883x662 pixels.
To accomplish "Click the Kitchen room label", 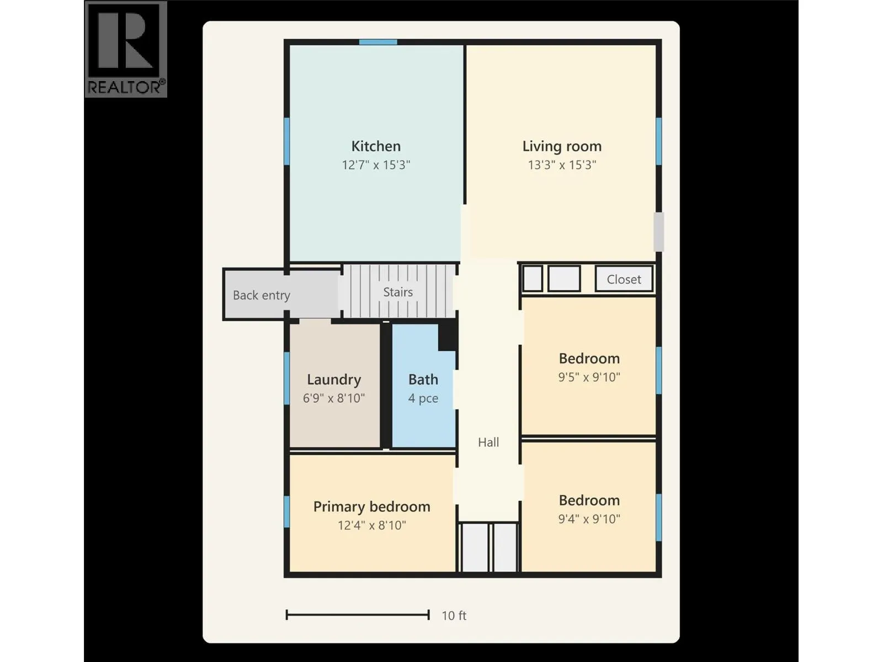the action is coord(376,146).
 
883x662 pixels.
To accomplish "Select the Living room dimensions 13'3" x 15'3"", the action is coord(562,165).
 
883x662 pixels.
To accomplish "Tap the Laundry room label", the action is coord(334,380).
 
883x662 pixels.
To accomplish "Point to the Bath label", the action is coord(423,380).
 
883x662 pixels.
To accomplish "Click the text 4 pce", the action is coord(423,398).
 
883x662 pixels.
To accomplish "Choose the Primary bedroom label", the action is coord(372,507).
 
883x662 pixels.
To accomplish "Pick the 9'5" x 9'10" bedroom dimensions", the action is coord(589,377).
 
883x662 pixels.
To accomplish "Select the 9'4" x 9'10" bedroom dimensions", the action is coord(589,519).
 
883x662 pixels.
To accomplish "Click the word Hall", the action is coord(488,442).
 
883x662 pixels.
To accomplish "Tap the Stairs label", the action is coord(398,292).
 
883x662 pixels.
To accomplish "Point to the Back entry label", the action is coord(262,296).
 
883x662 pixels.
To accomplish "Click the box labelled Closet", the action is coord(624,279).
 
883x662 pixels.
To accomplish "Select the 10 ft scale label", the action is coord(454,615).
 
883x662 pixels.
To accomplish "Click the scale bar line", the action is coord(358,615).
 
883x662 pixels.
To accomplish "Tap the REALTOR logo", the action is coord(126,49).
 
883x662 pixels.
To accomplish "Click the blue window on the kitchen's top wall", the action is coord(378,42).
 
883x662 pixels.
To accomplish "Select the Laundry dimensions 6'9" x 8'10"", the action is coord(334,398).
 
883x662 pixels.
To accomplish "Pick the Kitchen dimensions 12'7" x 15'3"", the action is coord(376,165).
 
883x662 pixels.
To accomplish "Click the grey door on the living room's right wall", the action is coord(658,232).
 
